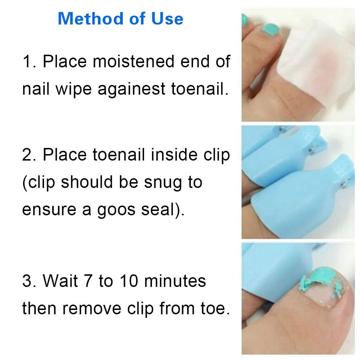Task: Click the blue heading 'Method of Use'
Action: click(x=120, y=19)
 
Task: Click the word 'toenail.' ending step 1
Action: click(x=200, y=89)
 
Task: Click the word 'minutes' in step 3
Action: click(x=175, y=281)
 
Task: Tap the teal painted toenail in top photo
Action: click(x=271, y=28)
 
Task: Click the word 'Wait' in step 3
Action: click(x=59, y=281)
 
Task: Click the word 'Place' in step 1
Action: click(x=65, y=62)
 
